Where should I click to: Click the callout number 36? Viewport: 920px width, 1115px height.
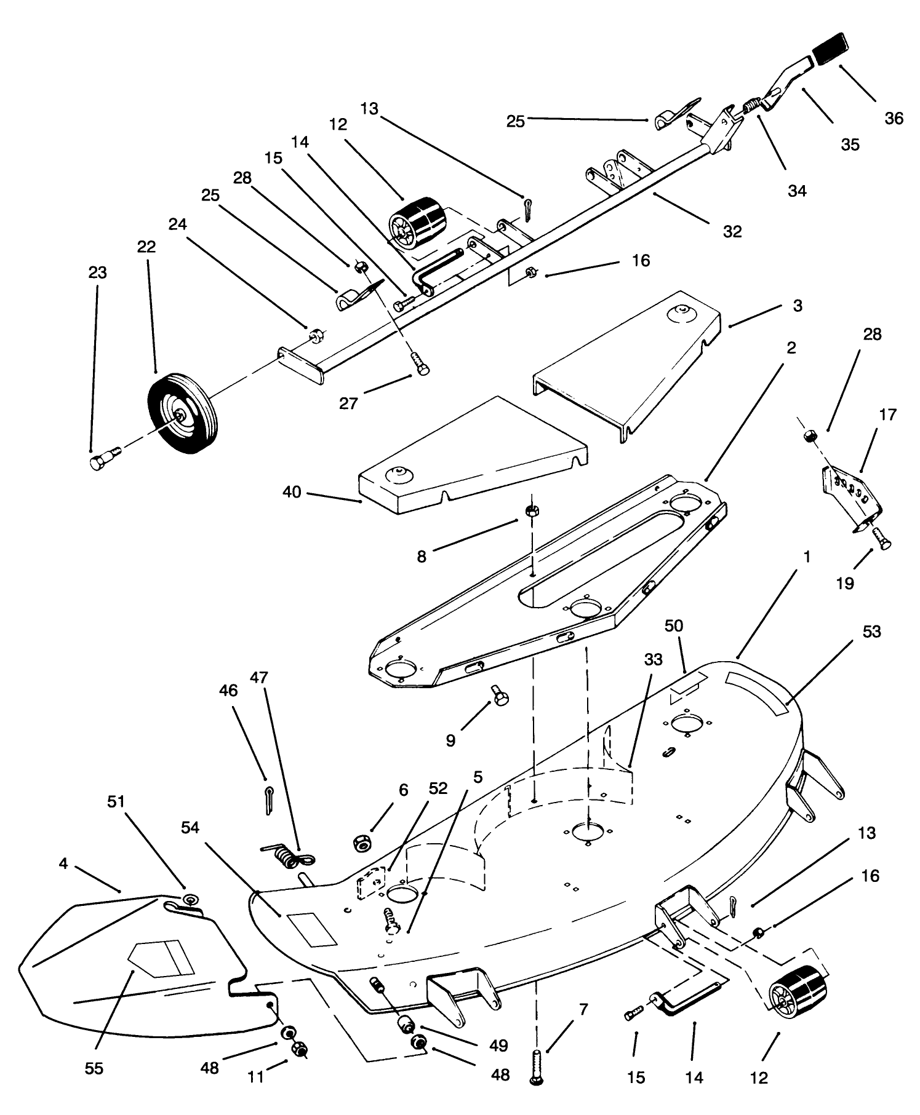(894, 118)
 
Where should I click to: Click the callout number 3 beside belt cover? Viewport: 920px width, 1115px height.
(798, 306)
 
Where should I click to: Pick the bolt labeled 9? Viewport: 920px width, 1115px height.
(498, 697)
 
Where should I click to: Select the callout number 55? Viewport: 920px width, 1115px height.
(94, 1069)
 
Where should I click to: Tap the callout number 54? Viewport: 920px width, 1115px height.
(190, 828)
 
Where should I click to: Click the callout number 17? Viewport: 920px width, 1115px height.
(887, 415)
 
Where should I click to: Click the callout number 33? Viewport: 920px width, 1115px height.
(653, 659)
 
